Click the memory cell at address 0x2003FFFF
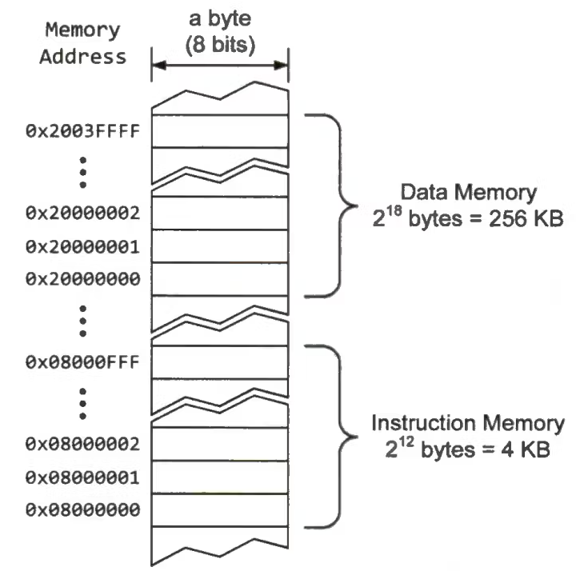pyautogui.click(x=220, y=131)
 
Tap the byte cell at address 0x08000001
pyautogui.click(x=220, y=477)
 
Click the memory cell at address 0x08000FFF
pyautogui.click(x=220, y=360)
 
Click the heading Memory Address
pyautogui.click(x=84, y=43)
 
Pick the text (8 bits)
pyautogui.click(x=219, y=46)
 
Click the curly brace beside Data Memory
pyautogui.click(x=334, y=205)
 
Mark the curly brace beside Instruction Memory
pyautogui.click(x=334, y=436)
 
